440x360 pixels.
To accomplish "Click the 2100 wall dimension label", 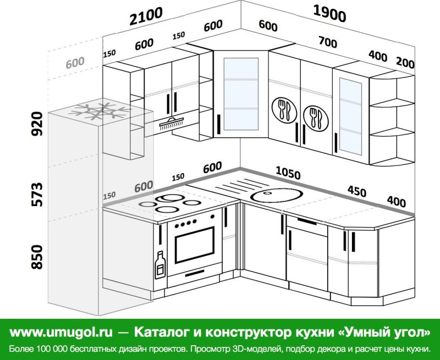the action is (146, 16).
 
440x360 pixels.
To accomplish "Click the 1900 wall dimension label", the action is (329, 14).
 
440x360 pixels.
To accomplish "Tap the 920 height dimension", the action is (37, 124).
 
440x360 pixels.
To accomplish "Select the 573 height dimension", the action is (37, 195).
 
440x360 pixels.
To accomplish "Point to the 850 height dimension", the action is (37, 257).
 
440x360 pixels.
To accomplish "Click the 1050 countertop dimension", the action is (288, 173).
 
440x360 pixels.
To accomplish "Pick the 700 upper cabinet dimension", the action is (328, 42).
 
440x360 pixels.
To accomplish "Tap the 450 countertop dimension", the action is (357, 191).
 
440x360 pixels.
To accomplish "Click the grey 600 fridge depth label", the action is (75, 63).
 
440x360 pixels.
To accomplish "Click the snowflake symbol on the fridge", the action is (100, 112).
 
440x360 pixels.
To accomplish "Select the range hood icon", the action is (172, 124).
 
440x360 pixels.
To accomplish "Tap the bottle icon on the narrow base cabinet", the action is (160, 265).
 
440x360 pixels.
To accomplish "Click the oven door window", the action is (195, 245).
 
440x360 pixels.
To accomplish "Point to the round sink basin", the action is (277, 195).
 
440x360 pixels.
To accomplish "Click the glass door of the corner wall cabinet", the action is (241, 94).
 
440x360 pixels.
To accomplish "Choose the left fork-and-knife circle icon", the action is (284, 110).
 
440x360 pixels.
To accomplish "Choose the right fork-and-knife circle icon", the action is (316, 118).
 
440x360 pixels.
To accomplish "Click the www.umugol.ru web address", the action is (61, 332).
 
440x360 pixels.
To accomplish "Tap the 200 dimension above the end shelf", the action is (405, 63).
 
